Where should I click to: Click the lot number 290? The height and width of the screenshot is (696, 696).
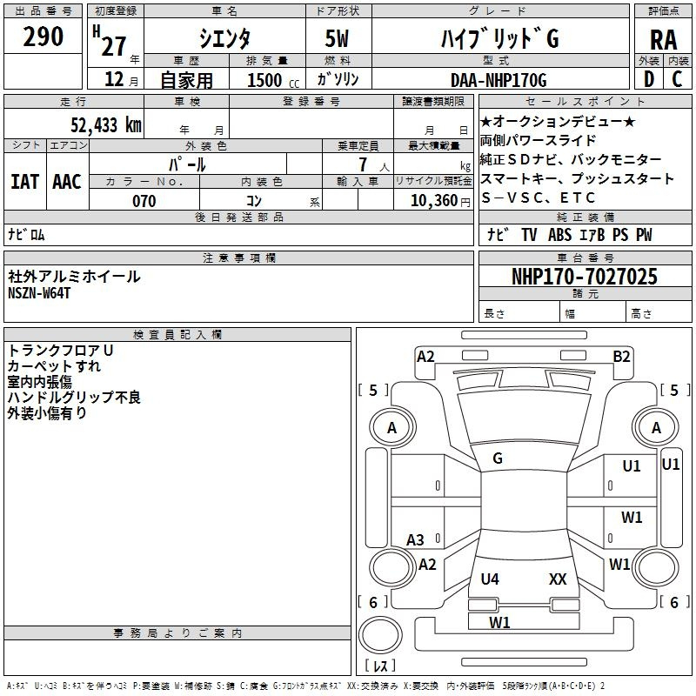tap(43, 36)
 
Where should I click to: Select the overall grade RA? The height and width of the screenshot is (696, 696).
tap(663, 40)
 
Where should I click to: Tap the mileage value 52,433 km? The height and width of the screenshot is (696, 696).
tap(106, 125)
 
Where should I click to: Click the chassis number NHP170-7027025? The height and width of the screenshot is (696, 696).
tap(585, 276)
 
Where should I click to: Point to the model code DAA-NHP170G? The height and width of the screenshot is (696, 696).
tap(499, 80)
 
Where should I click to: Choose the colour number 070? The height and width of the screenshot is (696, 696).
tap(144, 201)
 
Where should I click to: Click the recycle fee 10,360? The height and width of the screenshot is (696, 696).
tap(434, 201)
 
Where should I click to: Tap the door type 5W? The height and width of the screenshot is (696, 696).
tap(337, 38)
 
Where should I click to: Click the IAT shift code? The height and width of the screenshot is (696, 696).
tap(25, 182)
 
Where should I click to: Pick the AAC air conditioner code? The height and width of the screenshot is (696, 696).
tap(67, 182)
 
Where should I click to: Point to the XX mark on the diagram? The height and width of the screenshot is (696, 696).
tap(558, 579)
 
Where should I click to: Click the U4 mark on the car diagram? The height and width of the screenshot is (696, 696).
tap(490, 579)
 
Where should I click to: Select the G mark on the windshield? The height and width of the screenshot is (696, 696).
tap(498, 458)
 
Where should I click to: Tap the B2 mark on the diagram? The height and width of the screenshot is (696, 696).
tap(621, 357)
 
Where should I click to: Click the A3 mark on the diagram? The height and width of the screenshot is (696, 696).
tap(415, 540)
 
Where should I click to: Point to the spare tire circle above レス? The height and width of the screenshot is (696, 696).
tap(380, 635)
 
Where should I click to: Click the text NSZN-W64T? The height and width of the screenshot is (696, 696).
tap(39, 293)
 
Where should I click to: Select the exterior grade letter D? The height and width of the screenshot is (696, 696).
tap(649, 79)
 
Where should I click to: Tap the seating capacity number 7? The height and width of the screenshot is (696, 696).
tap(363, 164)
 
